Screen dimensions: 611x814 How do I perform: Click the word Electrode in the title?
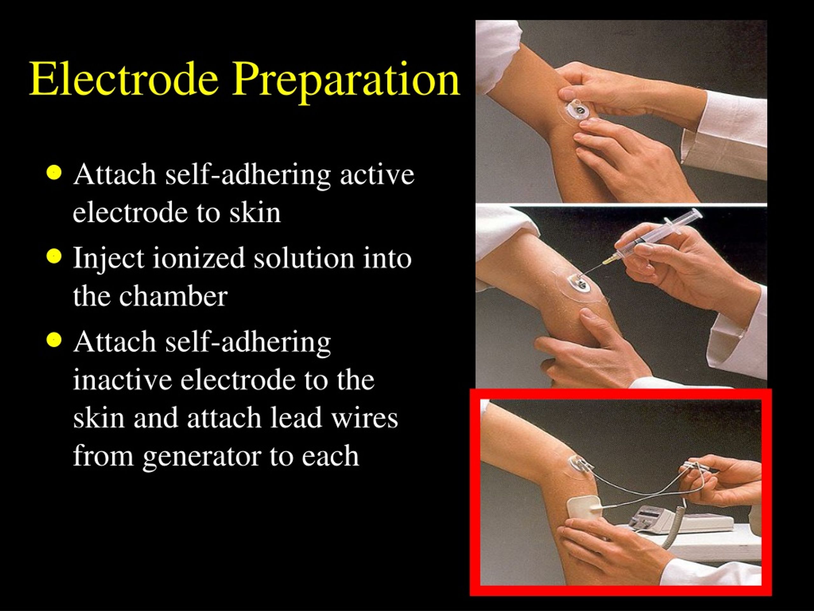point(124,79)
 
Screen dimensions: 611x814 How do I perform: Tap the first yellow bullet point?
point(54,173)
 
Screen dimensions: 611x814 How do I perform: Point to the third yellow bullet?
point(54,340)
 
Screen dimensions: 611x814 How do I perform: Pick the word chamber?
point(173,297)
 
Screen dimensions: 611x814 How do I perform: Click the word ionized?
point(198,258)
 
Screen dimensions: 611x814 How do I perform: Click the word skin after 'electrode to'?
point(255,213)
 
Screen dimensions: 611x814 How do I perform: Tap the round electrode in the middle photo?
point(580,283)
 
